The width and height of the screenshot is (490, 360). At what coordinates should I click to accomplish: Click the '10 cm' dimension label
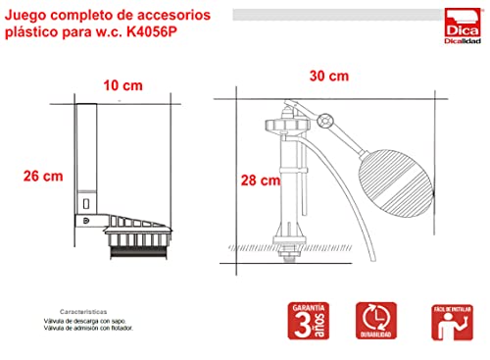(x=122, y=85)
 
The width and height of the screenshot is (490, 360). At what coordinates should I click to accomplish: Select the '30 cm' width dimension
(x=327, y=76)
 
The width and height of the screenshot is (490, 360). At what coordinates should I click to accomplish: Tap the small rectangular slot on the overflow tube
(x=86, y=205)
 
